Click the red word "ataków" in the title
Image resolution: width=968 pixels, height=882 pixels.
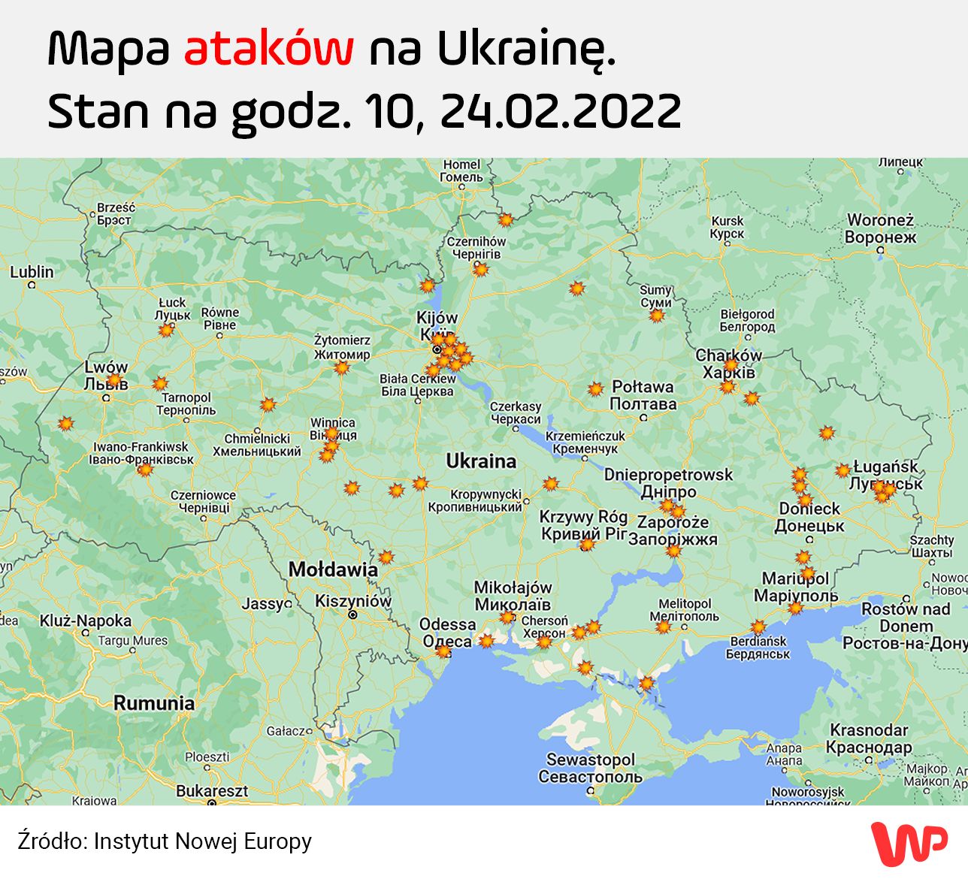[x=268, y=50]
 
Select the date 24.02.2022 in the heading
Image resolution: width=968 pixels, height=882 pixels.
[x=560, y=111]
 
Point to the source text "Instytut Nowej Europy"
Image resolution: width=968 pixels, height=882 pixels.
[x=202, y=841]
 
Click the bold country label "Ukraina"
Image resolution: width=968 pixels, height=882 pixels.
[x=481, y=461]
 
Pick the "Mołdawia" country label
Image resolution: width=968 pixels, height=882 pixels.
[x=333, y=569]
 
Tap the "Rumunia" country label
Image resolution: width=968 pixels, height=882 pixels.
[x=154, y=703]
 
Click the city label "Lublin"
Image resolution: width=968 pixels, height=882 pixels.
[x=32, y=272]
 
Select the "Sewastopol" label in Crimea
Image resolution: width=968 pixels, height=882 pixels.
[x=590, y=760]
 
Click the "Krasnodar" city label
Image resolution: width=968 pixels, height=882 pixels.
[x=869, y=730]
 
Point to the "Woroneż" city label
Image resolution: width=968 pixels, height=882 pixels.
[x=880, y=220]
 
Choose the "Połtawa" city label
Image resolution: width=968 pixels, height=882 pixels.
[x=643, y=387]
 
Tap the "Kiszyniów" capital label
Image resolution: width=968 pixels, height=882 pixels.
[x=353, y=601]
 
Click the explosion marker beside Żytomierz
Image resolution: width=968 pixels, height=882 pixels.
[x=342, y=367]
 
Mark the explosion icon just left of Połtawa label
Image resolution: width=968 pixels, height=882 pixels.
[x=595, y=389]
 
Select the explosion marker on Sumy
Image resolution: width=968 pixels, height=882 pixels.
[x=657, y=316]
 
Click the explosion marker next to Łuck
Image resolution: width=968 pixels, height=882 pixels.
[x=166, y=329]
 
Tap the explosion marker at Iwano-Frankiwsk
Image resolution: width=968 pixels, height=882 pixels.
[x=144, y=470]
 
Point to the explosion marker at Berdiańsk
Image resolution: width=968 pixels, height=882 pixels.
[x=758, y=627]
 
